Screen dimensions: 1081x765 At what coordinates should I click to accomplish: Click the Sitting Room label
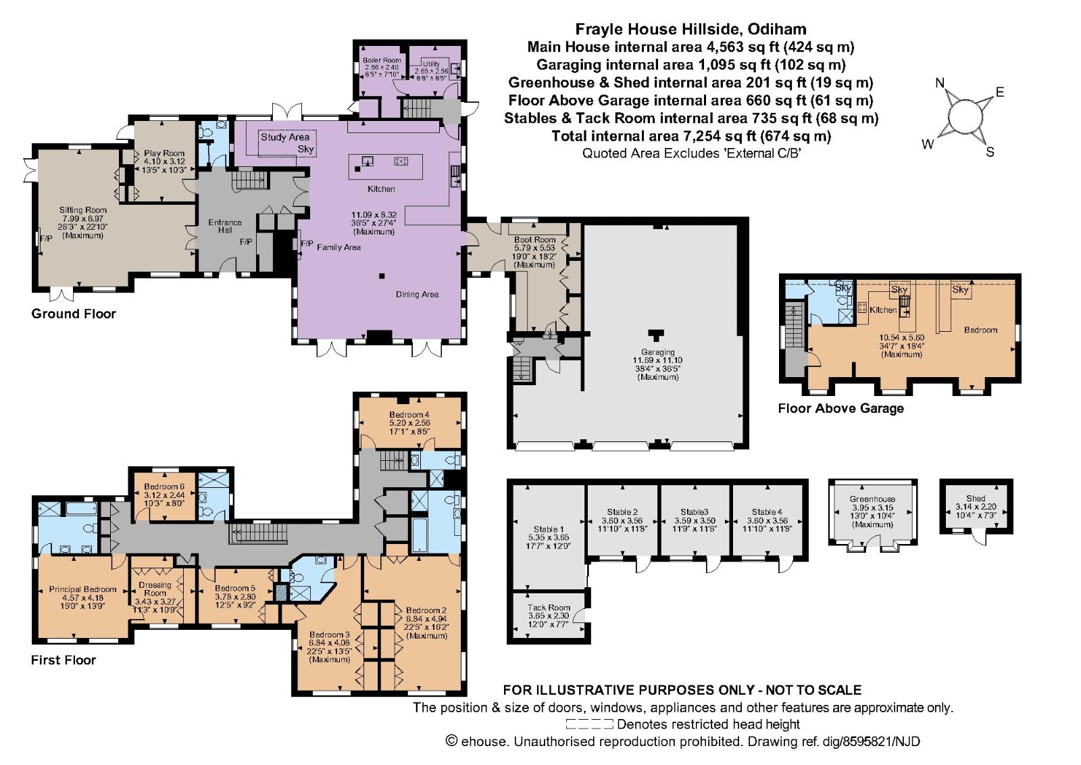click(x=83, y=210)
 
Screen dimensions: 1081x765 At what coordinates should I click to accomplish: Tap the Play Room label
click(x=164, y=153)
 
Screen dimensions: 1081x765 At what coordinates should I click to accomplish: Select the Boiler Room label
click(x=382, y=60)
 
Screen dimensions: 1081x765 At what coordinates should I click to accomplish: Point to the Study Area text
click(x=285, y=137)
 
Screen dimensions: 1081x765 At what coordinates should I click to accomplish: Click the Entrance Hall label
click(x=225, y=226)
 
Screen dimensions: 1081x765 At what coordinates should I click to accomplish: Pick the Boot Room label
click(x=534, y=239)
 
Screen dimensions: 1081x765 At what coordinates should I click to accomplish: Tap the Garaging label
click(x=658, y=352)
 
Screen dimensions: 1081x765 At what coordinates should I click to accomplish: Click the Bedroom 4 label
click(x=409, y=414)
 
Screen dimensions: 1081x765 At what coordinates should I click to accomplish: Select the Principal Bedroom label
click(x=82, y=589)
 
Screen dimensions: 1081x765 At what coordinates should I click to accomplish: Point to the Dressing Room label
click(x=155, y=589)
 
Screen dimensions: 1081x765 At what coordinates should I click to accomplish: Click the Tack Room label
click(x=549, y=608)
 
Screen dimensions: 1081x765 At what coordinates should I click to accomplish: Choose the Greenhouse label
click(x=872, y=499)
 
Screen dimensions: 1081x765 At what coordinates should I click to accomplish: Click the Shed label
click(x=976, y=498)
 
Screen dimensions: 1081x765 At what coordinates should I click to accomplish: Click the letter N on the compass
click(x=939, y=83)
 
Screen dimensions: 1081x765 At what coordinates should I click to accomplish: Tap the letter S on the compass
click(x=990, y=152)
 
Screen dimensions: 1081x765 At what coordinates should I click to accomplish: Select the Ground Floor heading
click(x=74, y=314)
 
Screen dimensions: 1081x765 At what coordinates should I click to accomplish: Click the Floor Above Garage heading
click(x=840, y=408)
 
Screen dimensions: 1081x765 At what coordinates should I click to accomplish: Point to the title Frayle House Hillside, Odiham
click(x=690, y=29)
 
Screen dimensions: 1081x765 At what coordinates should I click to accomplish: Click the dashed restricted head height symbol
click(x=589, y=724)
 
